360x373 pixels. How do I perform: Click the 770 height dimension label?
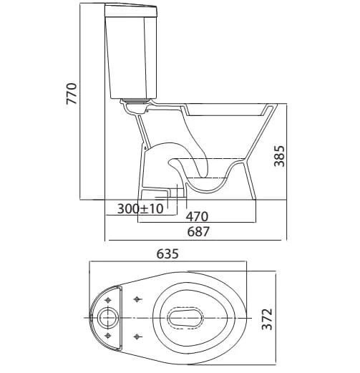coord(72,93)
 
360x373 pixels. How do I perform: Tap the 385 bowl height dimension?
coord(279,156)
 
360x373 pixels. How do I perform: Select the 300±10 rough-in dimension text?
coord(140,209)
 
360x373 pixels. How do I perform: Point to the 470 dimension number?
coord(197,216)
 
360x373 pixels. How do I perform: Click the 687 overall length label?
coord(198,231)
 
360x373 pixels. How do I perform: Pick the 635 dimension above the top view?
coord(167,253)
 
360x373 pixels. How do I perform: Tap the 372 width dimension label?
coord(267,319)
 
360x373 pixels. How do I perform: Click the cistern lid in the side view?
coord(131,11)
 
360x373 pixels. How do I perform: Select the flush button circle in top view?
coord(108,318)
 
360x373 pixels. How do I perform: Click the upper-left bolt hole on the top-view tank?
coord(108,300)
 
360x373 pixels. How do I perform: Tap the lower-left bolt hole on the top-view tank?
coord(108,336)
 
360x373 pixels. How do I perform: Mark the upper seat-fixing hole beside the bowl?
coord(137,299)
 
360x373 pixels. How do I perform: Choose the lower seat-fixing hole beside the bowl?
coord(137,336)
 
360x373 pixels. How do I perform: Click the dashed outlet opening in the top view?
coord(185,318)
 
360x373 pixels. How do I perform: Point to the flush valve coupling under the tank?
coord(137,106)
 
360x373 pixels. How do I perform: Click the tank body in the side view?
coord(131,57)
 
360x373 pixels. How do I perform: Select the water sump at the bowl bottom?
coord(207,184)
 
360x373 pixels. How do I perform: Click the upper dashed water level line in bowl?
coord(208,158)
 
